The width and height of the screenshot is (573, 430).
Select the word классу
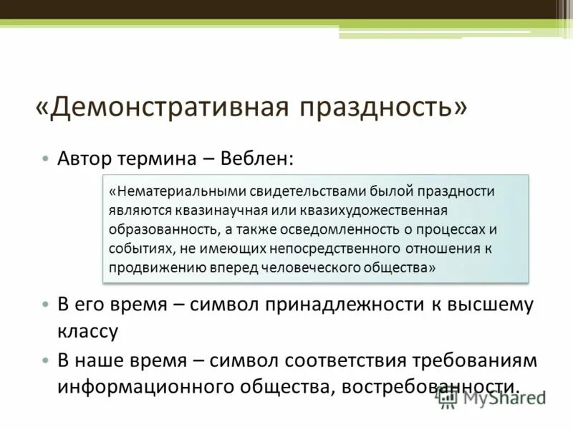87,331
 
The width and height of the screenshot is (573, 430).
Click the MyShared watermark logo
491,398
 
